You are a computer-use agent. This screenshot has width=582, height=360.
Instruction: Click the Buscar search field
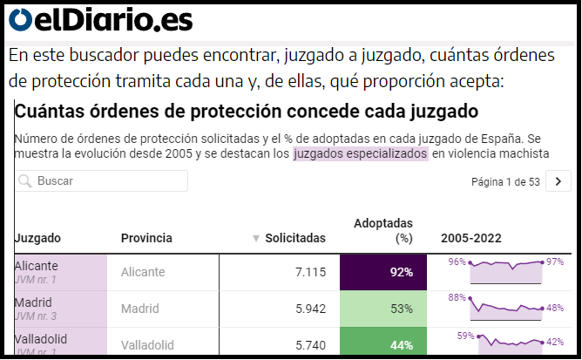point(101,181)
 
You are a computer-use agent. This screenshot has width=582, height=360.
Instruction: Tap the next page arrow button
point(558,181)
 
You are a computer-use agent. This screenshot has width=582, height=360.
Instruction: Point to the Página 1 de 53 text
point(505,181)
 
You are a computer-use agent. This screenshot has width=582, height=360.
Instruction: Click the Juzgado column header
point(37,238)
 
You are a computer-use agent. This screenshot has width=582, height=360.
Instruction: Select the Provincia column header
point(146,238)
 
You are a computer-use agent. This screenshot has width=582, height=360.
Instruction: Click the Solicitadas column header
point(295,238)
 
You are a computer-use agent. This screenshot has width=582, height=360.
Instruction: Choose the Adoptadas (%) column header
point(383,230)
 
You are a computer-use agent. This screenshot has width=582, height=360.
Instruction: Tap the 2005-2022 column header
point(471,238)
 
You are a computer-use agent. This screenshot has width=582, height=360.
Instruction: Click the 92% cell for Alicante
point(383,272)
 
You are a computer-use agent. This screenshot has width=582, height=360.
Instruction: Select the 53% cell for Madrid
point(383,309)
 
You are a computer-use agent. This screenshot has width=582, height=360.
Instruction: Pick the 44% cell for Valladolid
point(383,344)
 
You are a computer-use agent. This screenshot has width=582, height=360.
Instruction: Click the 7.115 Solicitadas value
point(310,272)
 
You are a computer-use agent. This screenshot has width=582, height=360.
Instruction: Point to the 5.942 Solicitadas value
point(310,309)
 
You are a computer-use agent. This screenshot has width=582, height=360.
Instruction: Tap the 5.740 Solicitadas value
point(310,344)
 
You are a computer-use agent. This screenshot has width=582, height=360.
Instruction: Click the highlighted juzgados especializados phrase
point(361,153)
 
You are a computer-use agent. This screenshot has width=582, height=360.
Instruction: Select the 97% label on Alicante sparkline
point(555,262)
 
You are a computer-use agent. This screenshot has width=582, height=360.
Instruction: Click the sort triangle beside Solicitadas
point(256,238)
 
